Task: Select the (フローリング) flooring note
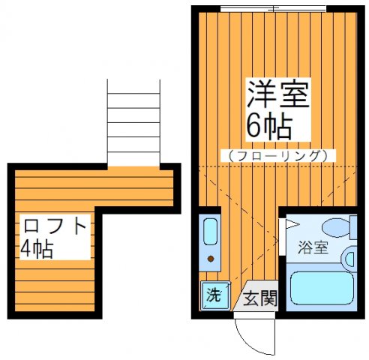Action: tap(277, 156)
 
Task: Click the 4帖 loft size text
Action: tap(38, 249)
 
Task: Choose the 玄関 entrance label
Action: tap(259, 298)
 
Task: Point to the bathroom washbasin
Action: tap(349, 259)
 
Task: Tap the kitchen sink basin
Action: tap(211, 232)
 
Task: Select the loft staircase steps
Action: tap(133, 121)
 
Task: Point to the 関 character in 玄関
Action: tap(268, 298)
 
